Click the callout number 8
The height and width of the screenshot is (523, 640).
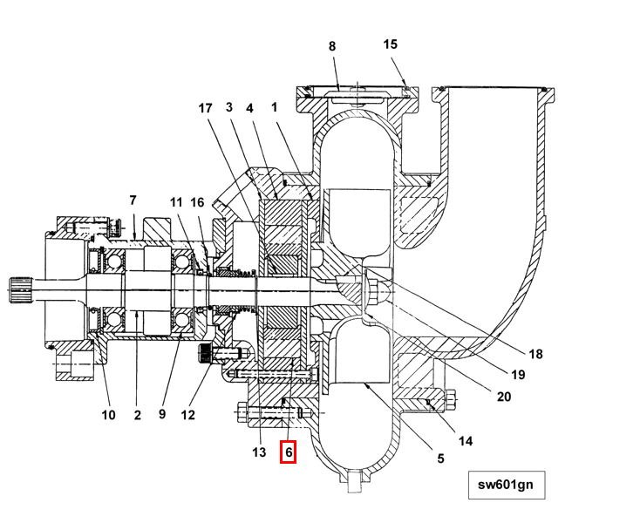[332, 46]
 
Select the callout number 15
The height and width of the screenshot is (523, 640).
[391, 44]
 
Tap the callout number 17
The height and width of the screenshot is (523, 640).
[205, 108]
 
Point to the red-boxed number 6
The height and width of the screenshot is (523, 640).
[288, 452]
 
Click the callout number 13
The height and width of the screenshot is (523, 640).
[259, 452]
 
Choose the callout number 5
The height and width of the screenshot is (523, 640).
[440, 458]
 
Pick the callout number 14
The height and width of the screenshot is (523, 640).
[466, 441]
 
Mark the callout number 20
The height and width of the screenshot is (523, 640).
[504, 397]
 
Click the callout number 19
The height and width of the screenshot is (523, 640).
[518, 375]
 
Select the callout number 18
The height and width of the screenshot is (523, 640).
[536, 354]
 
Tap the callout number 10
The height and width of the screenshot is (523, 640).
[108, 415]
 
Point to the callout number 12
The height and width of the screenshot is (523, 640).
[187, 415]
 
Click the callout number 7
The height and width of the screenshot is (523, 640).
[133, 200]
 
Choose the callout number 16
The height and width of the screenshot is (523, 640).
[197, 202]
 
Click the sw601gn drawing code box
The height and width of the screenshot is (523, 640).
[507, 485]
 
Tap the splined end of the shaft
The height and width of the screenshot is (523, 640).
[20, 289]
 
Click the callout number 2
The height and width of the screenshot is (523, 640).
[137, 415]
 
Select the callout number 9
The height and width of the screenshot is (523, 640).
[162, 414]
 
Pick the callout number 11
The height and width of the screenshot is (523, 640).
[176, 202]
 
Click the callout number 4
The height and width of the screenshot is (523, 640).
[249, 108]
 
